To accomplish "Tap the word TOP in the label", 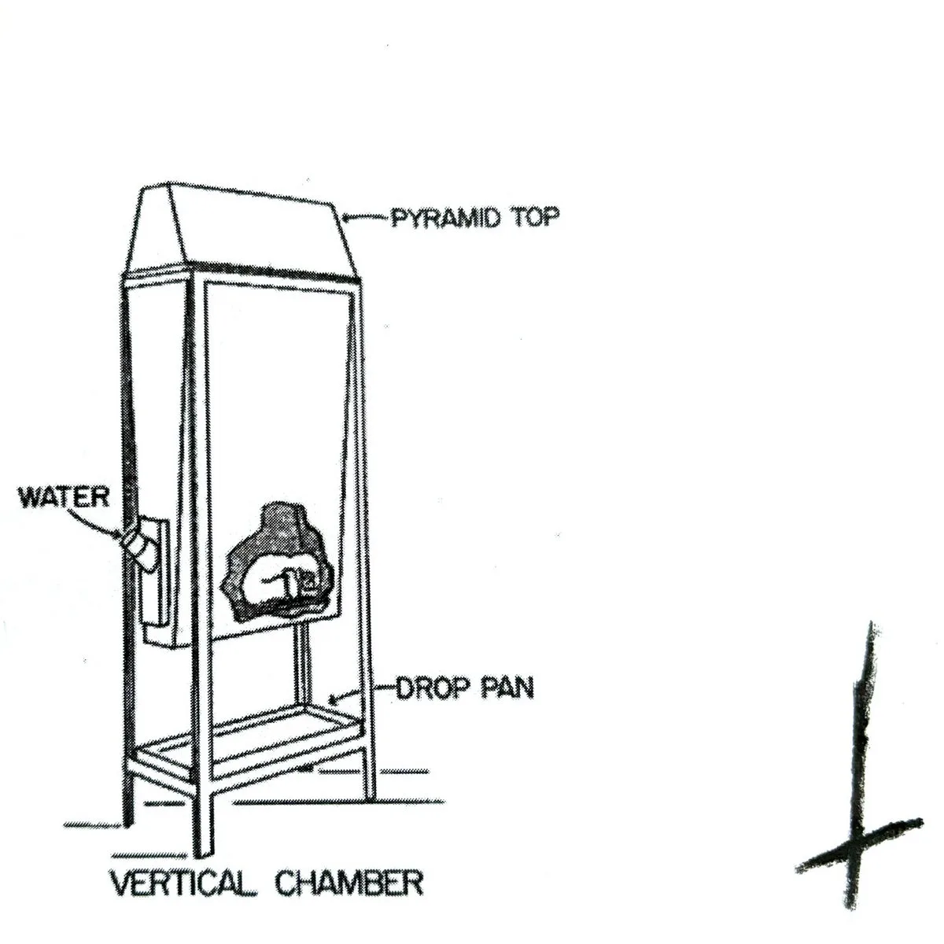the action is tap(536, 217).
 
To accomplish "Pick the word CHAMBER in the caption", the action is tap(348, 883).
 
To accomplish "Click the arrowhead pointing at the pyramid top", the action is tap(348, 219).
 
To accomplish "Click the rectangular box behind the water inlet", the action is tap(156, 578).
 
